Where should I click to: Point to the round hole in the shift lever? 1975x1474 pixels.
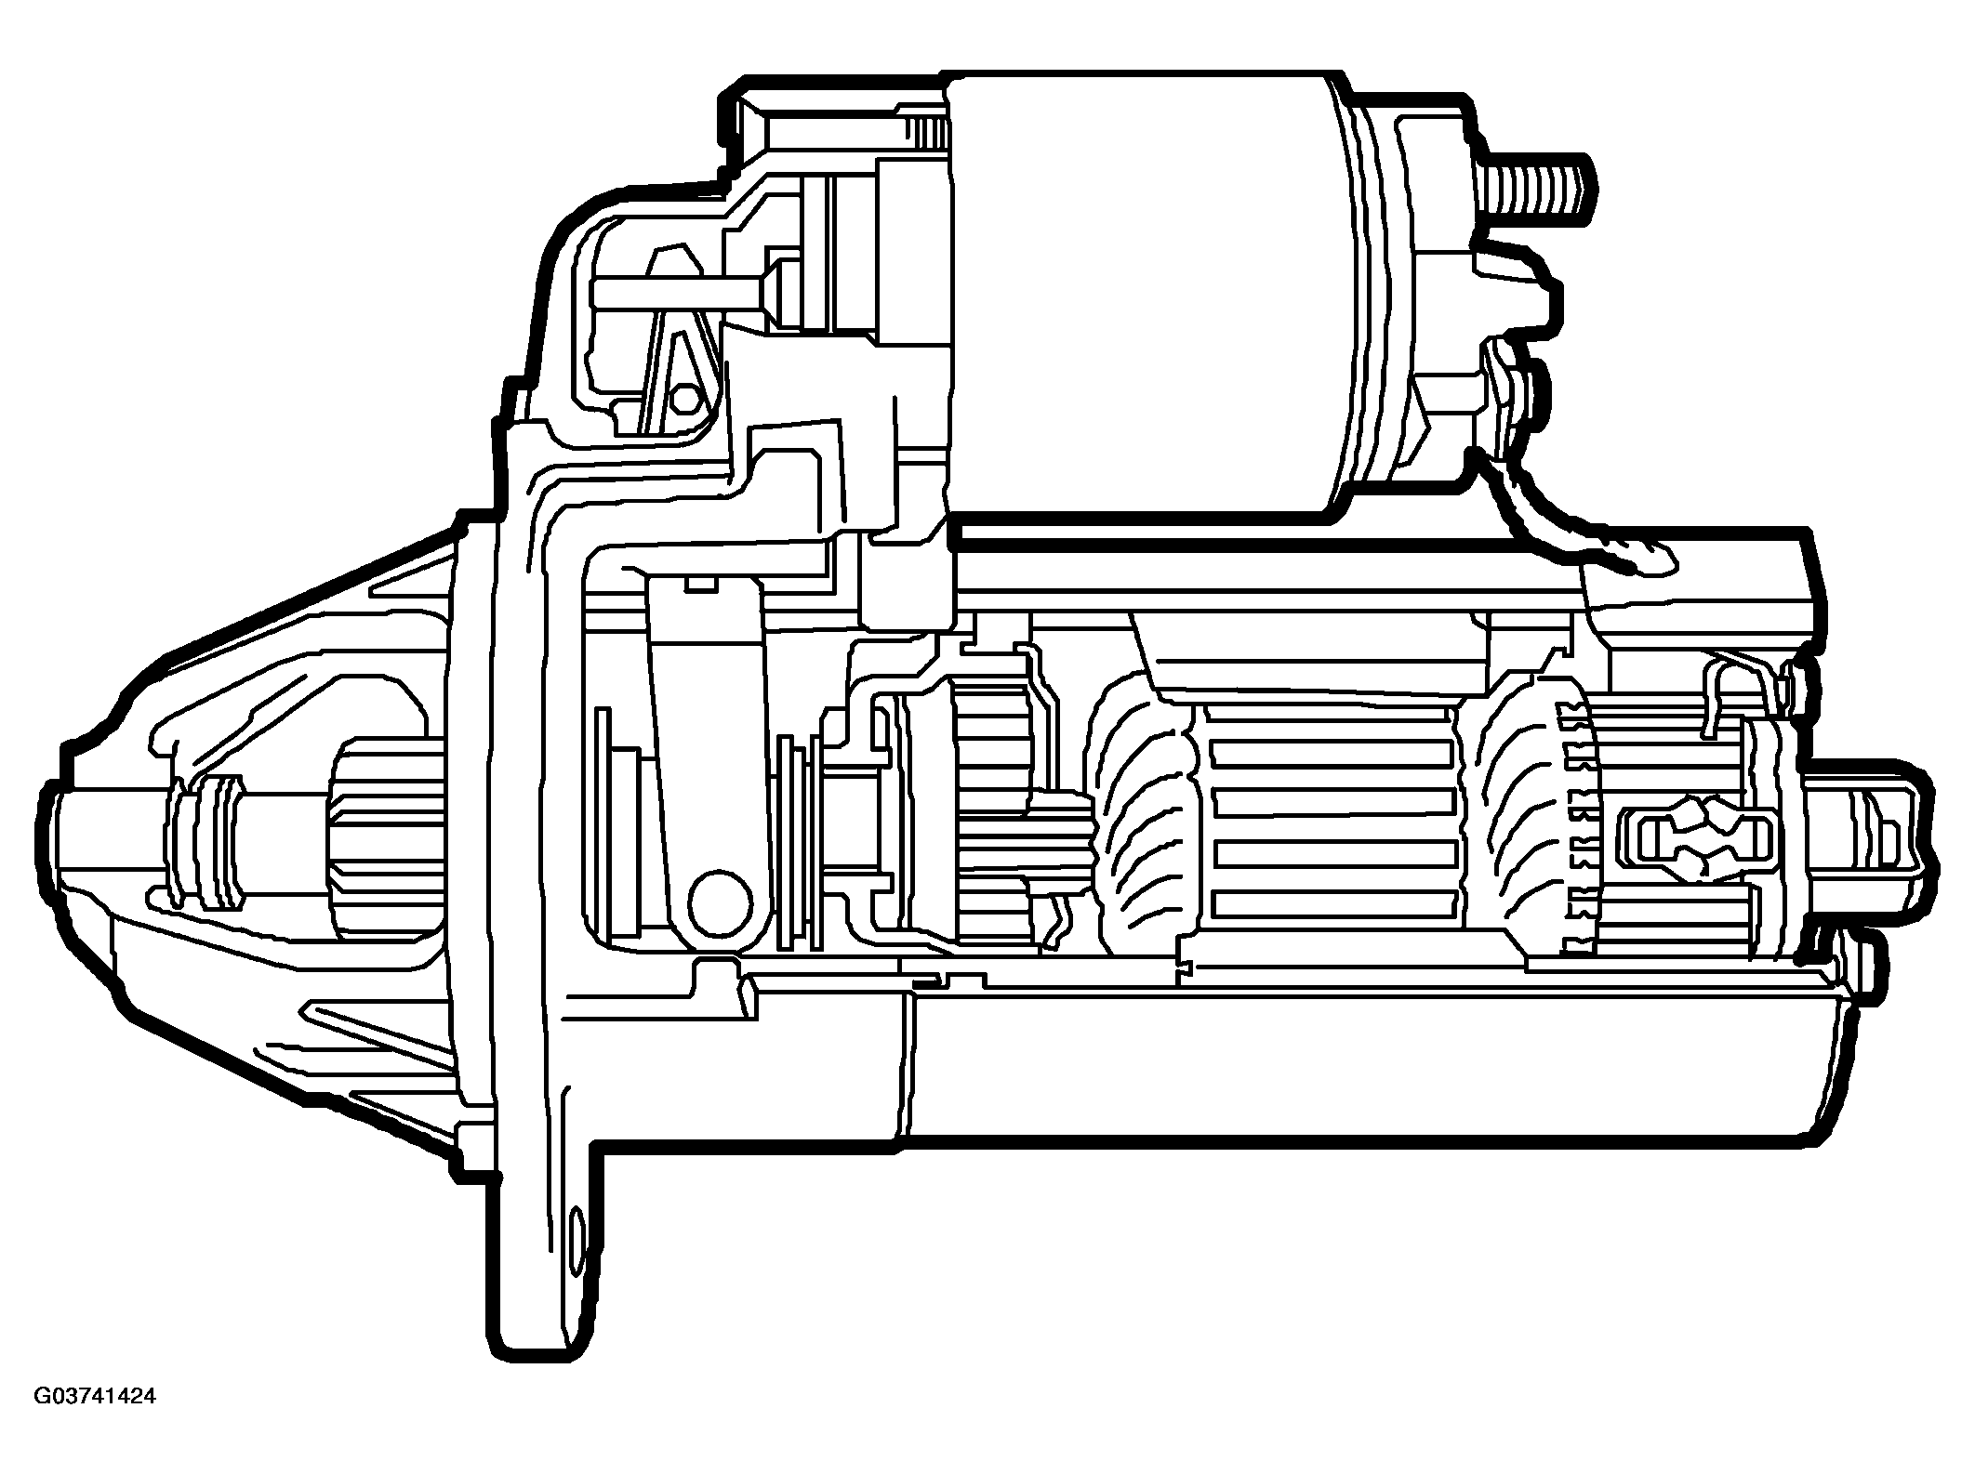[720, 902]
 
